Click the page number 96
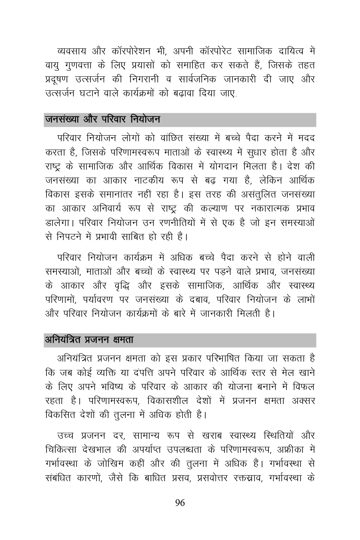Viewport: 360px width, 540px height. tap(180, 503)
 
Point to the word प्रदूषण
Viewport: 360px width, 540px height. tap(57, 79)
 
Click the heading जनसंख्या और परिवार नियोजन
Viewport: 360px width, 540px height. tap(102, 119)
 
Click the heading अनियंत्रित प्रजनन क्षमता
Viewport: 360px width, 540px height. tap(89, 340)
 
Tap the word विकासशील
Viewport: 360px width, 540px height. tap(175, 401)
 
